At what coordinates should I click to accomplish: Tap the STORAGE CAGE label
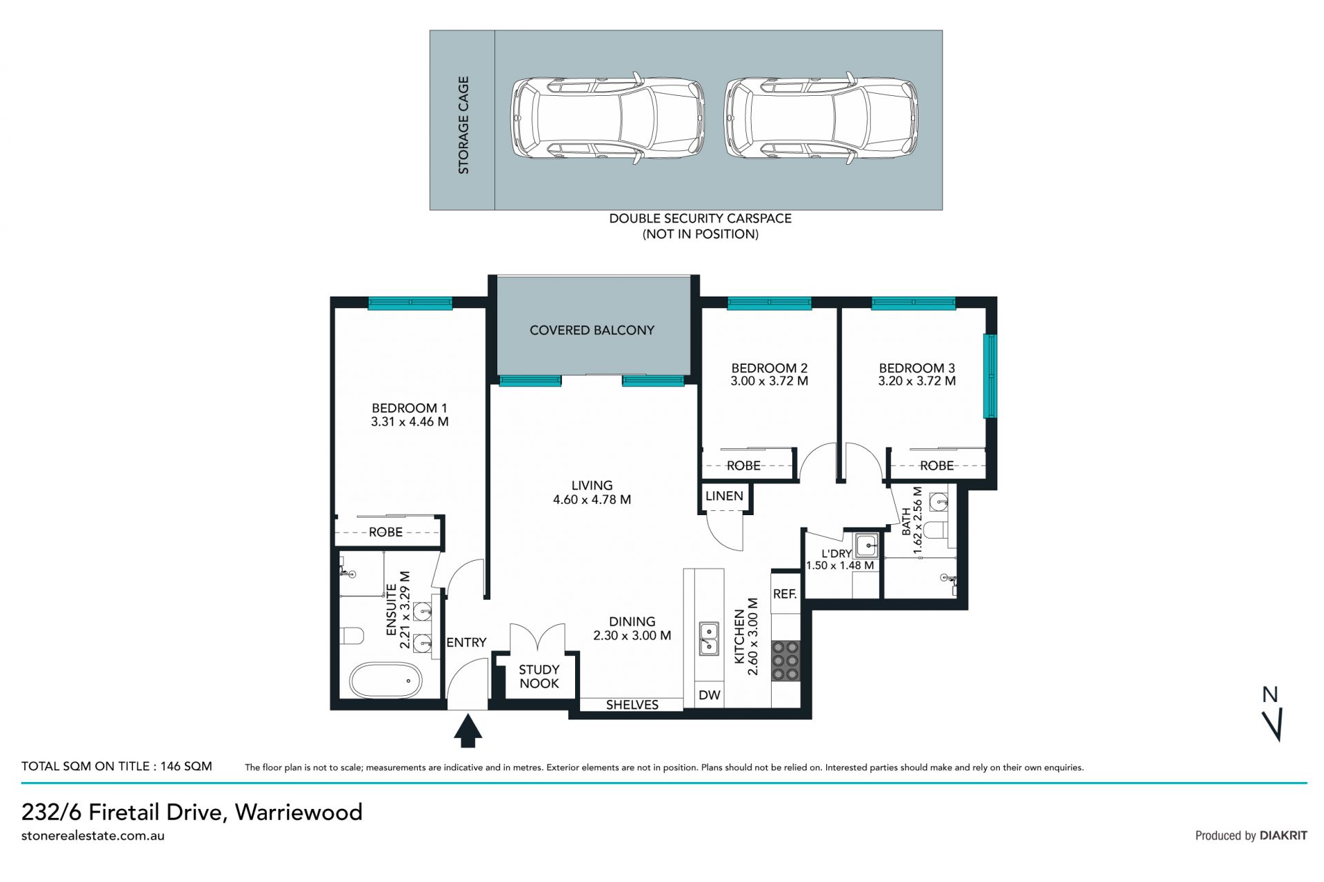[463, 125]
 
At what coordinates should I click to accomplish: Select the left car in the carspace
[608, 119]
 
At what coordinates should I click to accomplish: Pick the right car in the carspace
[821, 119]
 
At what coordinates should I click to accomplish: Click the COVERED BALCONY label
[592, 330]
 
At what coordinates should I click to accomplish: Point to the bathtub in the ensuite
[385, 681]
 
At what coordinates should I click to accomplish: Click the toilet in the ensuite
[351, 635]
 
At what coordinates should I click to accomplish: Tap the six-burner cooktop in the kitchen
[785, 661]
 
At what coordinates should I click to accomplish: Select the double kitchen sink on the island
[708, 638]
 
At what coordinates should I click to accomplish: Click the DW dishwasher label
[709, 695]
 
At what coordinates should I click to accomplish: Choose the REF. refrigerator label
[785, 594]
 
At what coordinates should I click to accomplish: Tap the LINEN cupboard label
[724, 496]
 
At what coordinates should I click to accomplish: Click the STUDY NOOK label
[539, 676]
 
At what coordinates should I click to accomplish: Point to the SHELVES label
[632, 705]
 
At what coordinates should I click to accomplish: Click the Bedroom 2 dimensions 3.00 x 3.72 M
[769, 381]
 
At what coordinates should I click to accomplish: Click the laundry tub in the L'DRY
[866, 545]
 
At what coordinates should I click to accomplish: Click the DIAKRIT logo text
[1283, 835]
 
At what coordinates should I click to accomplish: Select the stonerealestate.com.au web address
[93, 836]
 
